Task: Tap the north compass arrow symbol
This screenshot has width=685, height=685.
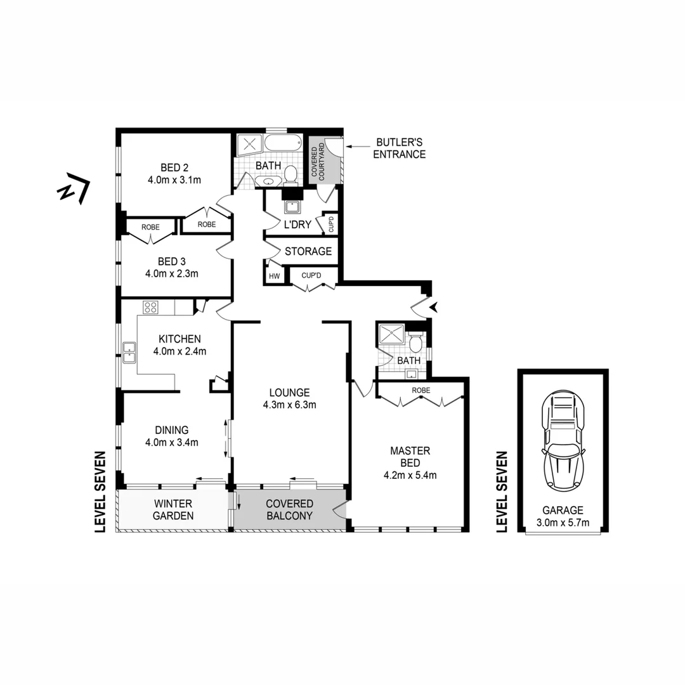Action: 74,190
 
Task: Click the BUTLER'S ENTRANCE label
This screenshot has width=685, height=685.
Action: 399,149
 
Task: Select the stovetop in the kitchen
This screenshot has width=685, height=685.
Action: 151,308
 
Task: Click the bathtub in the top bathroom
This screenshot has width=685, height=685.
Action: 283,143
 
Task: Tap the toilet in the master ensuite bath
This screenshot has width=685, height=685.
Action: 416,343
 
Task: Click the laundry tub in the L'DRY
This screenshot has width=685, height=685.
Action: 293,207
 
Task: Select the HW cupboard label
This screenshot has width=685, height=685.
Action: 274,277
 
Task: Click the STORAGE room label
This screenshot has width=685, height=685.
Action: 308,251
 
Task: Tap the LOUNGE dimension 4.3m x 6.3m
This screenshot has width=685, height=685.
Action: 289,404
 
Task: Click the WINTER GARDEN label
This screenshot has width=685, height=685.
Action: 173,510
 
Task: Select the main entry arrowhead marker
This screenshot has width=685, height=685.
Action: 434,308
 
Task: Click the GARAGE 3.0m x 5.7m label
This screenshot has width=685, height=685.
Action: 562,516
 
